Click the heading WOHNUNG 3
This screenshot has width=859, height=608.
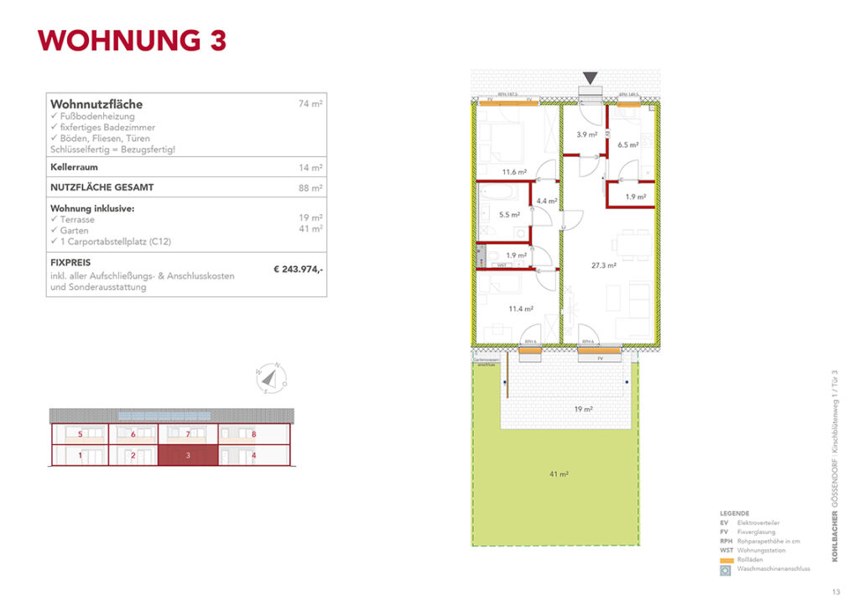(133, 41)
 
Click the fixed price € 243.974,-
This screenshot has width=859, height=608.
(298, 270)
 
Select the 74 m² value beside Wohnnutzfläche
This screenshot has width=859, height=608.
(310, 104)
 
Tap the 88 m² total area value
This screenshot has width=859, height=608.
(310, 188)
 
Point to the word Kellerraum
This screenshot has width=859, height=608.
(75, 168)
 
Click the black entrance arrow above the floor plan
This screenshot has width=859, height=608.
(591, 78)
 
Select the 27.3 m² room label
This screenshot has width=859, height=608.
(604, 265)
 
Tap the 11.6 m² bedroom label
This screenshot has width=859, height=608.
(513, 172)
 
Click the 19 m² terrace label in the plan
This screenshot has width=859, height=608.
(583, 409)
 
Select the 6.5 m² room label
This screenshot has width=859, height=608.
(627, 144)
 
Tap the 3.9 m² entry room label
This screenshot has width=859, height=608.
(586, 134)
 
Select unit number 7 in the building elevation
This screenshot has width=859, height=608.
(189, 435)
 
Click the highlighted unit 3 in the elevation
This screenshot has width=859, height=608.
(189, 455)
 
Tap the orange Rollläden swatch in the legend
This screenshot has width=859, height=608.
(726, 558)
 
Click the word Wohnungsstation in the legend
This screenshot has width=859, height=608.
(762, 550)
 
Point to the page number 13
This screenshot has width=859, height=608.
(836, 590)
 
